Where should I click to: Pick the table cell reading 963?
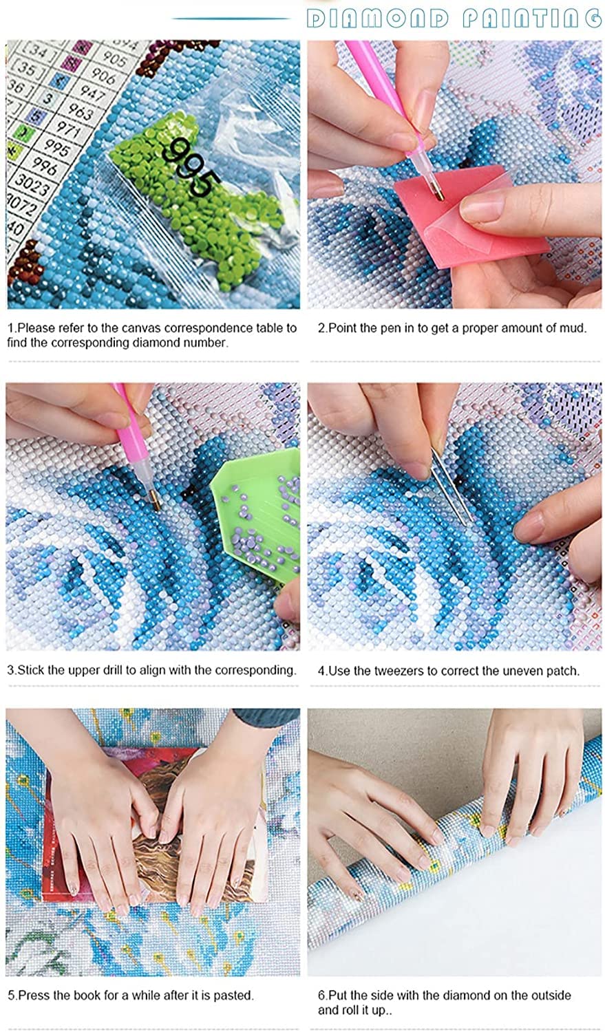coord(80,113)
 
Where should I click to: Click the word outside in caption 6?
coord(550,995)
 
